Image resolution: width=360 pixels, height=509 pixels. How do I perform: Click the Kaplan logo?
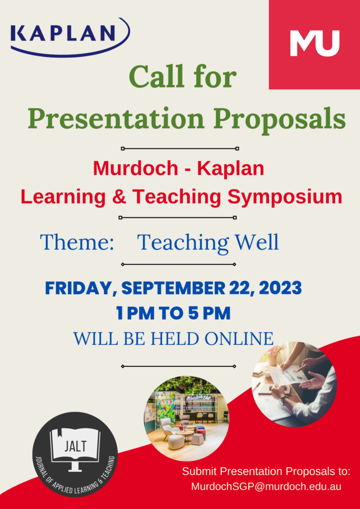tap(70, 37)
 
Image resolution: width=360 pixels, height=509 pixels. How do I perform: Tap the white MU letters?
tap(314, 43)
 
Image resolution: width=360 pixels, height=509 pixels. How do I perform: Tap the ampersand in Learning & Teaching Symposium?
tap(120, 197)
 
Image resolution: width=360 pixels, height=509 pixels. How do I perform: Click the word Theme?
tap(77, 242)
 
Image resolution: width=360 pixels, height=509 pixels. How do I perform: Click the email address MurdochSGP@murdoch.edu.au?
tap(266, 487)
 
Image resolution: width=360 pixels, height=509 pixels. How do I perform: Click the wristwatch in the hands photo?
tap(281, 400)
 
